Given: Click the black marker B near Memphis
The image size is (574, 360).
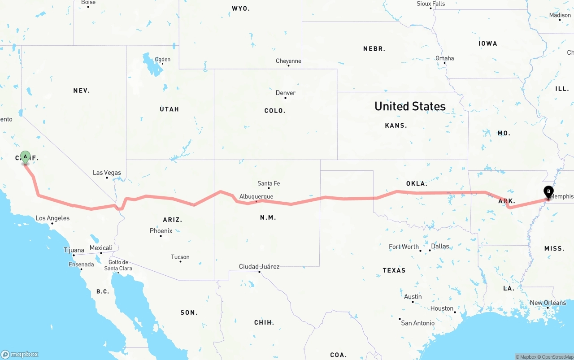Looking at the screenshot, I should pos(548,192).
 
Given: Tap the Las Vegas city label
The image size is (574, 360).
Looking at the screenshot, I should pos(107,173).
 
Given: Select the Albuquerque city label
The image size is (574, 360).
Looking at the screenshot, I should pos(256,196).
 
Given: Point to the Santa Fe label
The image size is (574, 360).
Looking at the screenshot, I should pos(269,183).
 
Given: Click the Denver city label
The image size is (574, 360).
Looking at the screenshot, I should pos(286,93).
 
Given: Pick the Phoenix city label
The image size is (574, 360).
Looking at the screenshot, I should pos(161,231).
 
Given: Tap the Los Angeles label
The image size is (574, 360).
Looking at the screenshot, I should pos(52,218).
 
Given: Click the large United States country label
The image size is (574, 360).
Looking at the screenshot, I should pos(410,106).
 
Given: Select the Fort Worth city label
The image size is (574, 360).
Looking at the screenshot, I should pos(404,247).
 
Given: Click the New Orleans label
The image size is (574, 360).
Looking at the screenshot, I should pos(548,303).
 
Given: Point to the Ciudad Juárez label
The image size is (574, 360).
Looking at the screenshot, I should pos(259,267).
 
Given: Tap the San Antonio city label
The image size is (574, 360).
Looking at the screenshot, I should pos(417,323).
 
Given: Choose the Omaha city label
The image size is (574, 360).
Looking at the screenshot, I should pos(444,58).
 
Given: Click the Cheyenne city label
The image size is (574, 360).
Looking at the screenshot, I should pos(288,61).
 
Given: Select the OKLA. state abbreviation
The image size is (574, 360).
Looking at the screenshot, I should pos(417,183).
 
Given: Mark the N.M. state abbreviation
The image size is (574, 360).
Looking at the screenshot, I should pos(268,217).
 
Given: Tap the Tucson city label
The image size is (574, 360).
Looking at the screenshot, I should pos(180,257).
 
